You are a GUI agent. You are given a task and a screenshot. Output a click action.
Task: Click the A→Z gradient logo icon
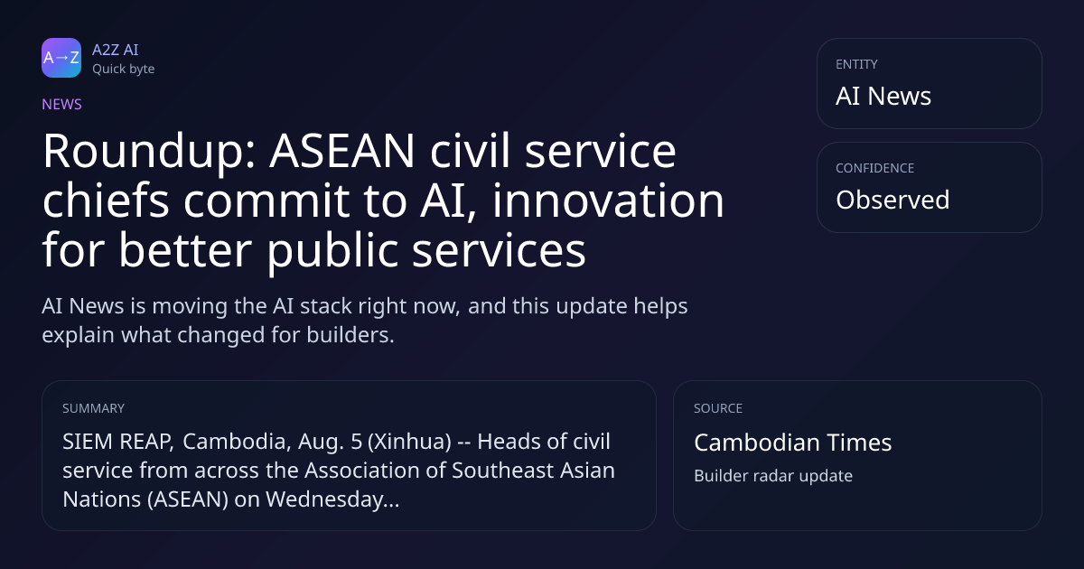coord(61,58)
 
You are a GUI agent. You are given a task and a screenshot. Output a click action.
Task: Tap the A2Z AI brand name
coord(116,50)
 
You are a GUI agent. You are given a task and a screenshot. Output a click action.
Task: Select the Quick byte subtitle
coord(124,70)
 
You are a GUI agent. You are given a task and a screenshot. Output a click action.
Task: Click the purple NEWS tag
coord(62,104)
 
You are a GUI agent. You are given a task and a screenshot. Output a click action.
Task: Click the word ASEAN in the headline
coord(342,151)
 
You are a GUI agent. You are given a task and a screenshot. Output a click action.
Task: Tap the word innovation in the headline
coord(608,200)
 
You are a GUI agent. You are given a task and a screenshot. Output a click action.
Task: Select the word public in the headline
coord(332,251)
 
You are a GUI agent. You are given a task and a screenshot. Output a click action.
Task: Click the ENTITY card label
coord(856,64)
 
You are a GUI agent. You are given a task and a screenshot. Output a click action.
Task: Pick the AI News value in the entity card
coord(883,96)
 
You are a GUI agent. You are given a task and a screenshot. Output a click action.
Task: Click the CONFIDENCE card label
coord(875,168)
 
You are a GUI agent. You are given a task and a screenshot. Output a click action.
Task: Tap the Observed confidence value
coord(892,200)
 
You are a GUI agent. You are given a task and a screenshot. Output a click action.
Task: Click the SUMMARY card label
coord(93,408)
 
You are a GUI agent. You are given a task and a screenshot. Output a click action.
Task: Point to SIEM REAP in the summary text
coord(118,442)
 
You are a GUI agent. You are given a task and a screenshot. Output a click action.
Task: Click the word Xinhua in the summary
coord(409,442)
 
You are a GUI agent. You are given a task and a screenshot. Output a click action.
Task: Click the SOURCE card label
coord(718,408)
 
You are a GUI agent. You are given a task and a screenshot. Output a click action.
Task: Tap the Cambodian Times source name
coord(793,443)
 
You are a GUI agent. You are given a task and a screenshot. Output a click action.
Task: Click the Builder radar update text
coord(773,476)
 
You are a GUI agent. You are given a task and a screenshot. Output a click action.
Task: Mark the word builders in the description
coord(350,335)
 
